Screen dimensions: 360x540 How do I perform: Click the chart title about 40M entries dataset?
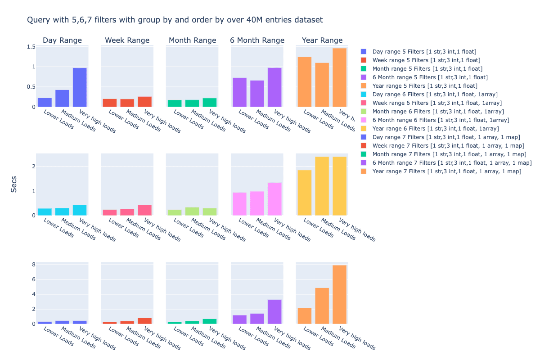click(175, 20)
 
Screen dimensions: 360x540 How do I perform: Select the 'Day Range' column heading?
click(62, 40)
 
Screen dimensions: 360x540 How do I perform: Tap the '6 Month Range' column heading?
click(257, 40)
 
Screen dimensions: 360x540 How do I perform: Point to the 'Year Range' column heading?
click(322, 40)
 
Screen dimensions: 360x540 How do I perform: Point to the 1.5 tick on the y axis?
click(31, 47)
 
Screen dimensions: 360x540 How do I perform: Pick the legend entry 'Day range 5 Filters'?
click(424, 52)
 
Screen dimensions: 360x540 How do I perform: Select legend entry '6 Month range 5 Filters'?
click(430, 77)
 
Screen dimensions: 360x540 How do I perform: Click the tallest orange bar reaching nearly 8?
click(339, 294)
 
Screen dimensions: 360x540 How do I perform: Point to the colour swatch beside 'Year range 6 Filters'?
click(364, 129)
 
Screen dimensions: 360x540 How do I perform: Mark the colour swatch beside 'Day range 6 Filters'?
click(364, 94)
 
